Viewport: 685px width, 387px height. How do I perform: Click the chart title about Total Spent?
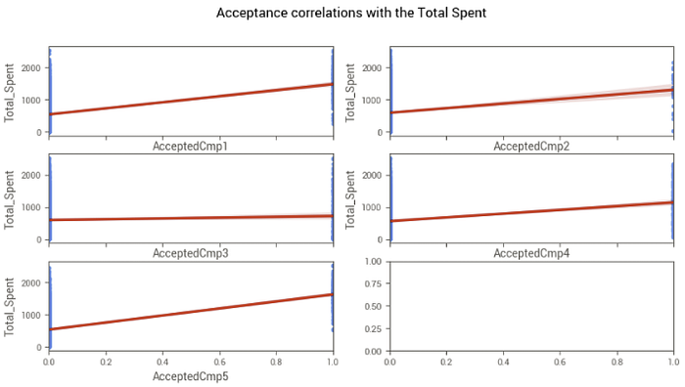(351, 13)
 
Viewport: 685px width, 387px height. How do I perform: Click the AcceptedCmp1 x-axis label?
(190, 147)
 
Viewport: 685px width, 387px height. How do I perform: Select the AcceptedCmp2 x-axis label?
(531, 147)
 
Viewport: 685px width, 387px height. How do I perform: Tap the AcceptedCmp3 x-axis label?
(190, 253)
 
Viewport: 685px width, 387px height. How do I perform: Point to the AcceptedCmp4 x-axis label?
(531, 253)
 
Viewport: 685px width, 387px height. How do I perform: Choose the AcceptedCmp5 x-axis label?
(190, 376)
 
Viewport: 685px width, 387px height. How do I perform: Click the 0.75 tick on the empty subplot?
(373, 284)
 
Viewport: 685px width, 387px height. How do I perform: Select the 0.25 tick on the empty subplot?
(373, 329)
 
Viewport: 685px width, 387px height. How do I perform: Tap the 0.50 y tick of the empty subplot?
(373, 306)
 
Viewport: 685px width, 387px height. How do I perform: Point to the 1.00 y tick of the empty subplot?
(373, 261)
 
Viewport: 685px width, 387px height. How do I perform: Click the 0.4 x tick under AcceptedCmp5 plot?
(162, 362)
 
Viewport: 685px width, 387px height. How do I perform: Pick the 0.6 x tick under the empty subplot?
(560, 362)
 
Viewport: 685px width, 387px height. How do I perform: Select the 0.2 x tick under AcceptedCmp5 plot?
(106, 362)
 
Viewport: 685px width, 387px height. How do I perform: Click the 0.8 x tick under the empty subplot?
(616, 362)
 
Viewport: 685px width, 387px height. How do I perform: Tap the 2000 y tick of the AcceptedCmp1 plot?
(31, 68)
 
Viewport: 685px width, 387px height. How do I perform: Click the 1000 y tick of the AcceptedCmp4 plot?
(373, 208)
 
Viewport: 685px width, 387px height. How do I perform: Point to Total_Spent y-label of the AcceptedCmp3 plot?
(9, 200)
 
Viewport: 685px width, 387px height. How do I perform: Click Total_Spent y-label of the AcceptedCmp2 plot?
(350, 93)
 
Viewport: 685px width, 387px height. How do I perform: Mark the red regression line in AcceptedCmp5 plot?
(191, 312)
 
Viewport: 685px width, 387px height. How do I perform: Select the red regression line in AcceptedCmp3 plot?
(191, 218)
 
